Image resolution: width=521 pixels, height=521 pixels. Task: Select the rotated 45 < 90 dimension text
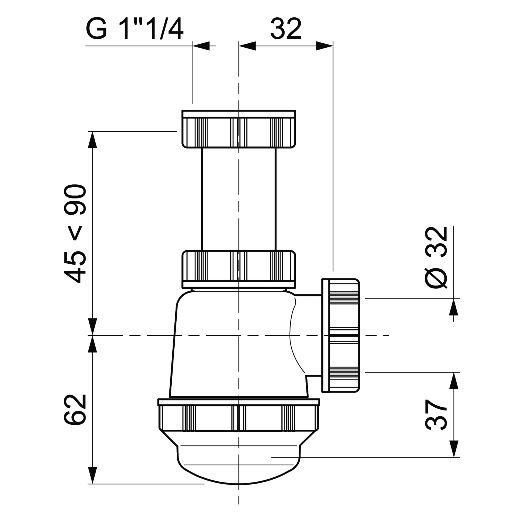click(x=75, y=234)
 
